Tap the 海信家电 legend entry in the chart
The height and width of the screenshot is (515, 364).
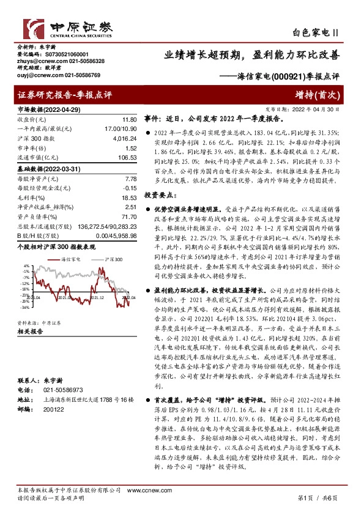72,261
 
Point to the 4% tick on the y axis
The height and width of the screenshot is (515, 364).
26,266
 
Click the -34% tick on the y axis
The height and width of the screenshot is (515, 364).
24,307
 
